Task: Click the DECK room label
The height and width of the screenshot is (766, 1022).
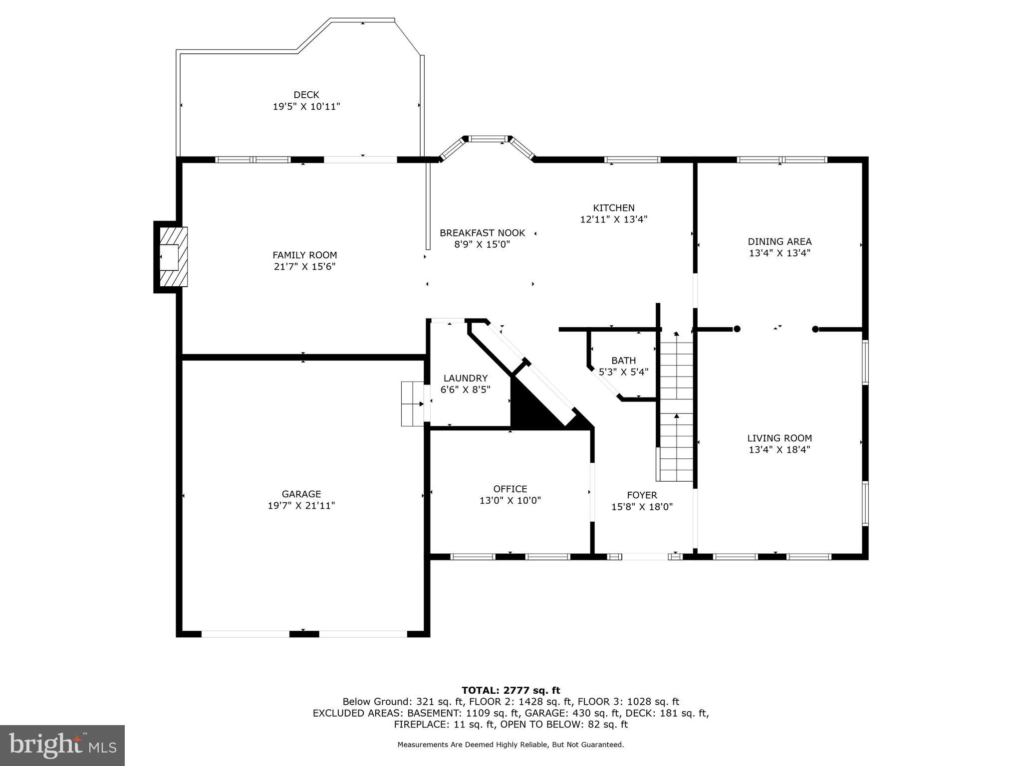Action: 306,95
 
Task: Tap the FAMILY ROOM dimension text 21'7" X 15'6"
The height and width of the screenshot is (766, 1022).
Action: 304,267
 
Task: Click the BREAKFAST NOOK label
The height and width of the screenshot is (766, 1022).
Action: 482,233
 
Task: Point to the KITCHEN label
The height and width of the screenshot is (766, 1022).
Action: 613,208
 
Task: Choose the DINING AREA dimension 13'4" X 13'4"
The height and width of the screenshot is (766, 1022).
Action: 779,253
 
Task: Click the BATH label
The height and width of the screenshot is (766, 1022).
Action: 623,361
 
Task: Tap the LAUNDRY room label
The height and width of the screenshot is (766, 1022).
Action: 465,379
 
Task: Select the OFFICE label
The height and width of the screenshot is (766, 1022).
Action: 510,489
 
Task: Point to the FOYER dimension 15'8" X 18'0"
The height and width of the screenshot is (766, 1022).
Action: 642,507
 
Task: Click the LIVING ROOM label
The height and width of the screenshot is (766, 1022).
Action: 779,438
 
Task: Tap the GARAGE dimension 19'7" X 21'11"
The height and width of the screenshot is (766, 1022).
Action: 301,506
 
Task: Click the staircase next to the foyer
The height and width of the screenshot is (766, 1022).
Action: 677,409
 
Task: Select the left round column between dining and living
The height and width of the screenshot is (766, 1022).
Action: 737,329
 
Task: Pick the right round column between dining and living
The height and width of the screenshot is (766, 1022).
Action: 815,329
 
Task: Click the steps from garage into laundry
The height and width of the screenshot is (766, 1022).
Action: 412,404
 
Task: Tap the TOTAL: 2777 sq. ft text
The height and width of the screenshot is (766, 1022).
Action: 511,691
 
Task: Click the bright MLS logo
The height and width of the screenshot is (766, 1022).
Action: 62,745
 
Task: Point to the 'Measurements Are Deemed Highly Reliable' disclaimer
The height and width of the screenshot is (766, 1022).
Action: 511,745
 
